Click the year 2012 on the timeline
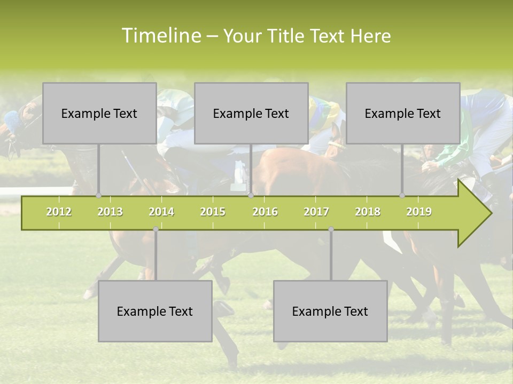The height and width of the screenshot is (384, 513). click(59, 212)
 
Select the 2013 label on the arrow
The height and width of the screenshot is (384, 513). click(110, 212)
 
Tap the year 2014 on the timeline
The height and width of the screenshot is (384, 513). click(161, 212)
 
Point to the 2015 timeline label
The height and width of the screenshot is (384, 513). click(213, 212)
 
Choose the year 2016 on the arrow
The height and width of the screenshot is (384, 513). click(265, 212)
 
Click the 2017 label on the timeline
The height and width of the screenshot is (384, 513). click(316, 212)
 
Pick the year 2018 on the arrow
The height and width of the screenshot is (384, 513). click(368, 212)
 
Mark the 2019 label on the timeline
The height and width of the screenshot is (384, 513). click(419, 212)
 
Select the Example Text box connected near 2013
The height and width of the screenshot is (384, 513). click(99, 113)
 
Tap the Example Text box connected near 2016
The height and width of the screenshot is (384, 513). click(251, 113)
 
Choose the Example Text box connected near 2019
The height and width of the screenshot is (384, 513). click(403, 113)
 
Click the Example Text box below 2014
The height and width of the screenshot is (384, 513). click(155, 311)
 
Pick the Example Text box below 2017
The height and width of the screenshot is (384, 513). click(330, 311)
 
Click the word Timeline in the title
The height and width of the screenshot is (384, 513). click(161, 36)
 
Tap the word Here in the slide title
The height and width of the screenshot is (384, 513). click(370, 36)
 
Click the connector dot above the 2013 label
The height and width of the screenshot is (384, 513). click(99, 196)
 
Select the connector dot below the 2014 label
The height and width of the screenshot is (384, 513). click(156, 229)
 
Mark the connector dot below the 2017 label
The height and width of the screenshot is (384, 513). click(331, 229)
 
